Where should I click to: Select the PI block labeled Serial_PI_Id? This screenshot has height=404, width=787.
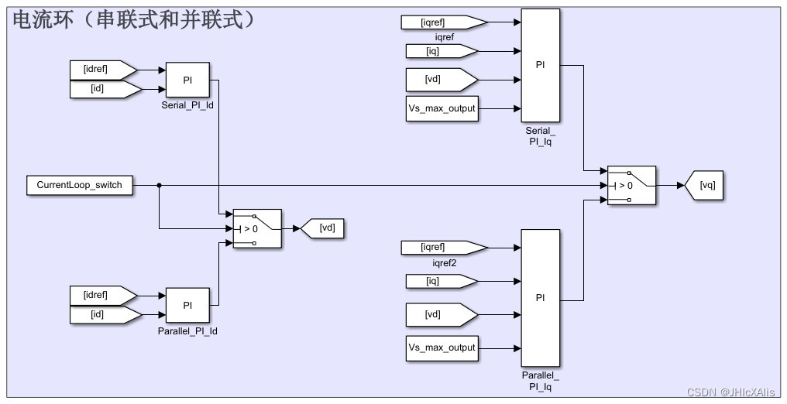(187, 80)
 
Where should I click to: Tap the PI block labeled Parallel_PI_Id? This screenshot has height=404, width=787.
(187, 305)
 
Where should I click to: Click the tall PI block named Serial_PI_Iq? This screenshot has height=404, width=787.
(540, 65)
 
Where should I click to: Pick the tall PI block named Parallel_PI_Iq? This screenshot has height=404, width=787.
(540, 298)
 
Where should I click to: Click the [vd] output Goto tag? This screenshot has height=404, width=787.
(322, 228)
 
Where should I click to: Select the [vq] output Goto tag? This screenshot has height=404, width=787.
(705, 186)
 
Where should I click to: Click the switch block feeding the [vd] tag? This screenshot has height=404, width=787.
(257, 228)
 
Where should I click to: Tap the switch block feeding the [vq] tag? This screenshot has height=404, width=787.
(631, 186)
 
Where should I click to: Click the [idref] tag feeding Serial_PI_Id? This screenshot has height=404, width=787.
(103, 70)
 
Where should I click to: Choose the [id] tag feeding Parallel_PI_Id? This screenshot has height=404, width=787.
(103, 314)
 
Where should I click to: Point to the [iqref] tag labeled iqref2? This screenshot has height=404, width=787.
(442, 248)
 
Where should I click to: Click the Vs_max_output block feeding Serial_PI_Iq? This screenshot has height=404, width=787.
(442, 109)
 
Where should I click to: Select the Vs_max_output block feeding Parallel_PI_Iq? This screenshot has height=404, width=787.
(442, 348)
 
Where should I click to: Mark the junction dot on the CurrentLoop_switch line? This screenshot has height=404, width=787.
(159, 186)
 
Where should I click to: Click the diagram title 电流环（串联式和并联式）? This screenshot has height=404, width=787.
(132, 20)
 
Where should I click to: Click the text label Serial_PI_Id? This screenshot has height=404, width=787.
(187, 104)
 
